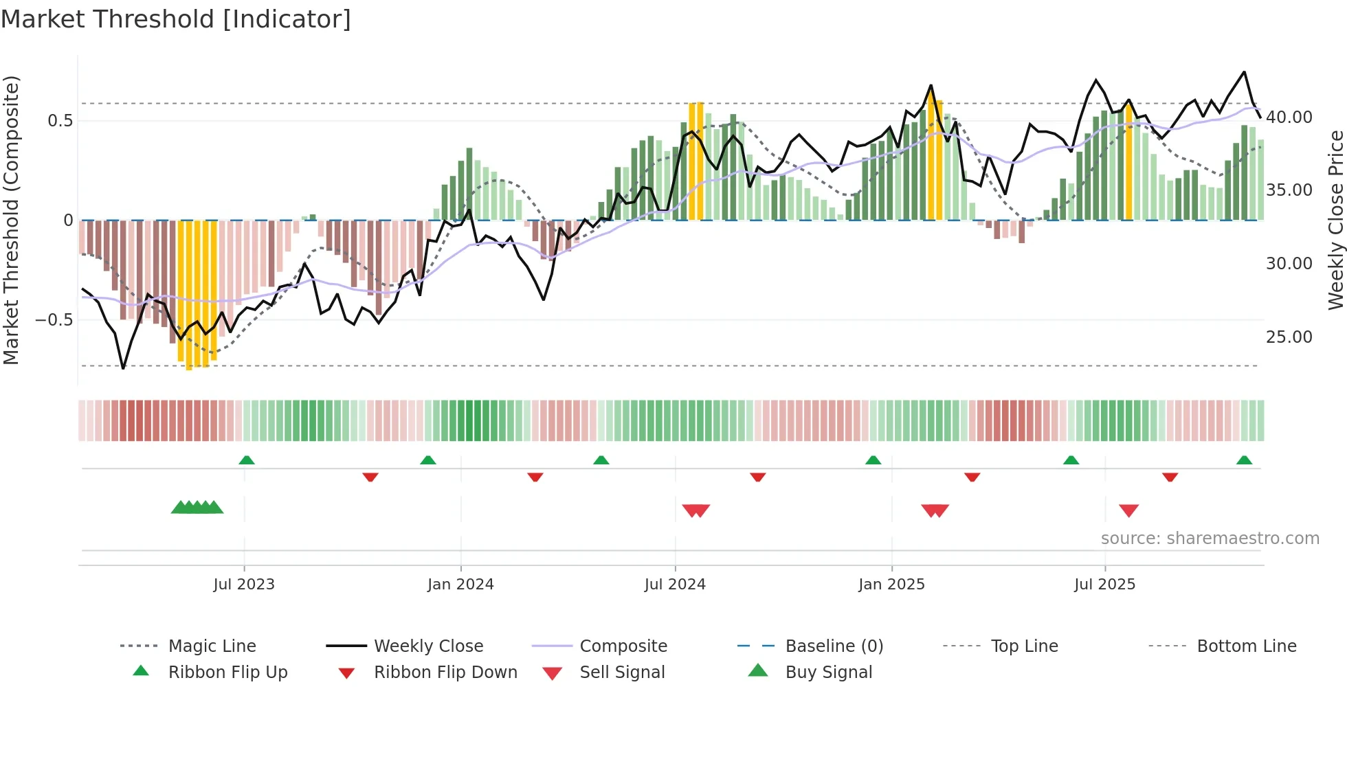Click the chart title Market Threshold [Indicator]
(x=176, y=19)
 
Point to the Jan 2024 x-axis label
(x=460, y=584)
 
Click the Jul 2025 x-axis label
(x=1104, y=584)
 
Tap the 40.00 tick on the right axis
(x=1289, y=117)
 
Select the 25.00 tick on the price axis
(x=1289, y=337)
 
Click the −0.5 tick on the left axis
(x=54, y=319)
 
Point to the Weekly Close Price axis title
(x=1335, y=220)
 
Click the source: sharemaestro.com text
(x=1210, y=538)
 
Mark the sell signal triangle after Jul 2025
(x=1128, y=510)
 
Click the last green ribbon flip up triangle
(x=1244, y=460)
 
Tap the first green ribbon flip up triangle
(x=247, y=460)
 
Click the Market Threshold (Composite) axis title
(x=11, y=220)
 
